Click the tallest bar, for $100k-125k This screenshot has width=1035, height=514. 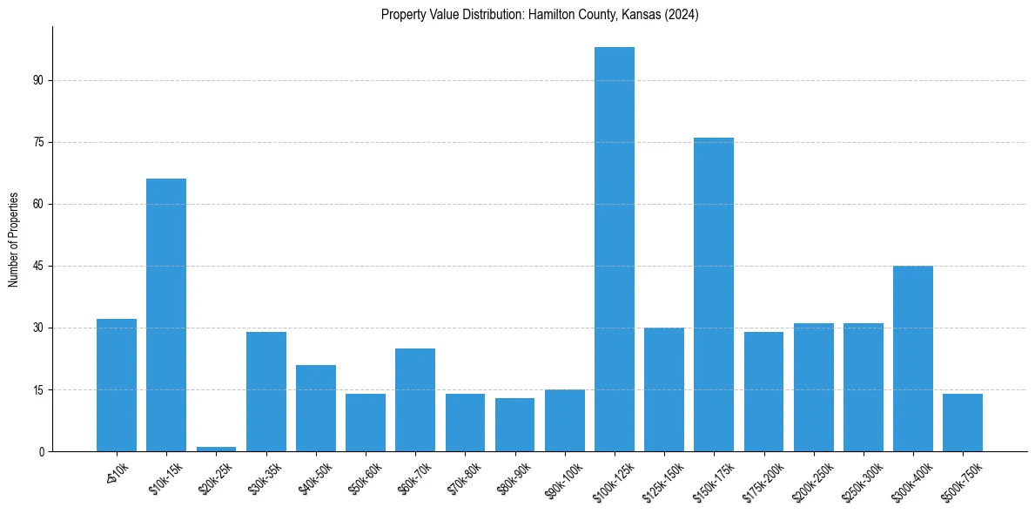tap(615, 249)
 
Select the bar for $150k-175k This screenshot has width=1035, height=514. tap(714, 294)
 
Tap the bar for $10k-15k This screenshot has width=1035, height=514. tap(166, 315)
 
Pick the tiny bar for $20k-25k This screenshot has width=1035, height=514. tap(216, 449)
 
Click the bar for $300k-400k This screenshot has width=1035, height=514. tap(913, 359)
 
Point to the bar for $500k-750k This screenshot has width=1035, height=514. tap(963, 423)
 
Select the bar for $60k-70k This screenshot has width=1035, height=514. tap(415, 400)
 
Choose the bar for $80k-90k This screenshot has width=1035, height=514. tap(514, 424)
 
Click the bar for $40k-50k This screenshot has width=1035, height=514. tap(316, 408)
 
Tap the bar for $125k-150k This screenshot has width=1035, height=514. tap(664, 389)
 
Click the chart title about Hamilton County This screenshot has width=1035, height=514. tap(540, 15)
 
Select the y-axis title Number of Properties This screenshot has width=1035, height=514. tap(14, 240)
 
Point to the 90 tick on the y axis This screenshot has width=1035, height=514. tap(37, 80)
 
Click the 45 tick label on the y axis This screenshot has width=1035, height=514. tap(37, 266)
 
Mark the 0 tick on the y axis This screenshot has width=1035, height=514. tap(40, 451)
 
